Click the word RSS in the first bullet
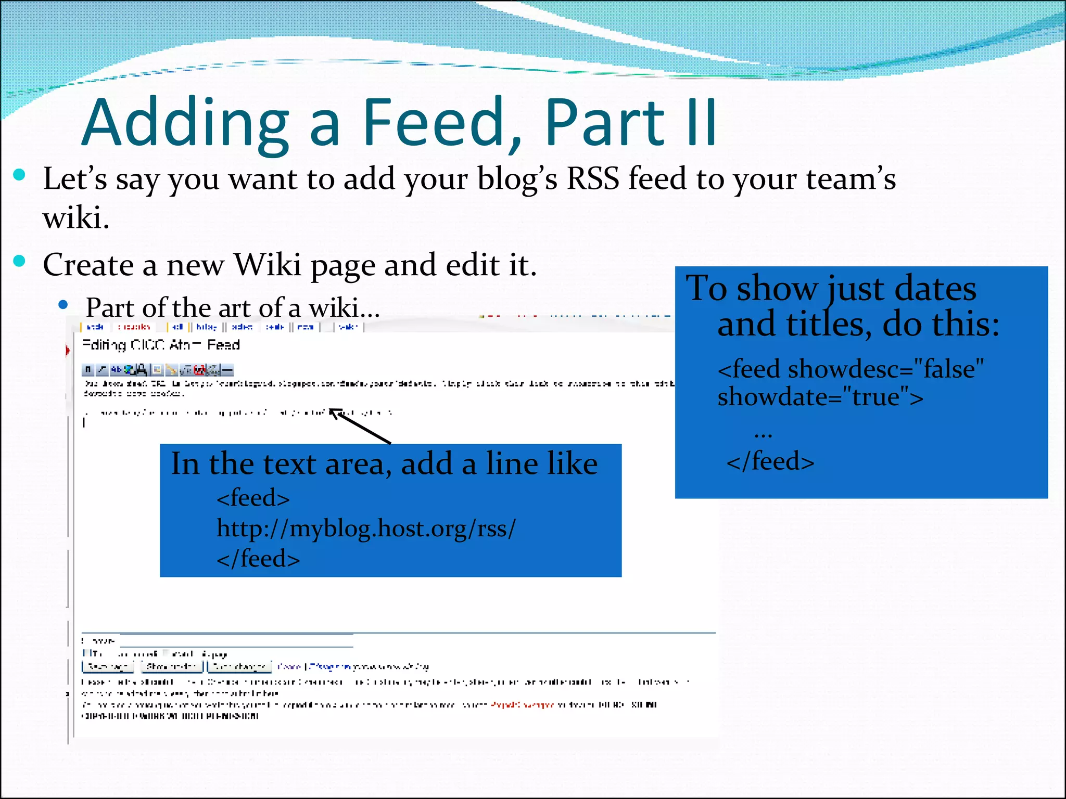pyautogui.click(x=592, y=178)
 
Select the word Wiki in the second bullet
pyautogui.click(x=268, y=265)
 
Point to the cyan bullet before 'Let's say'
pyautogui.click(x=19, y=175)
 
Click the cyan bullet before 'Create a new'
pyautogui.click(x=19, y=261)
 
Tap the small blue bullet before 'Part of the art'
pyautogui.click(x=64, y=305)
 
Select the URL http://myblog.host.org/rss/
pyautogui.click(x=366, y=529)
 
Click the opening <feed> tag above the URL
pyautogui.click(x=253, y=498)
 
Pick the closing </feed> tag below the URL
pyautogui.click(x=258, y=559)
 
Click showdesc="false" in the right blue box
pyautogui.click(x=851, y=369)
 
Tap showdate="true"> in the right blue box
pyautogui.click(x=820, y=397)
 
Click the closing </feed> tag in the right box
pyautogui.click(x=770, y=461)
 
